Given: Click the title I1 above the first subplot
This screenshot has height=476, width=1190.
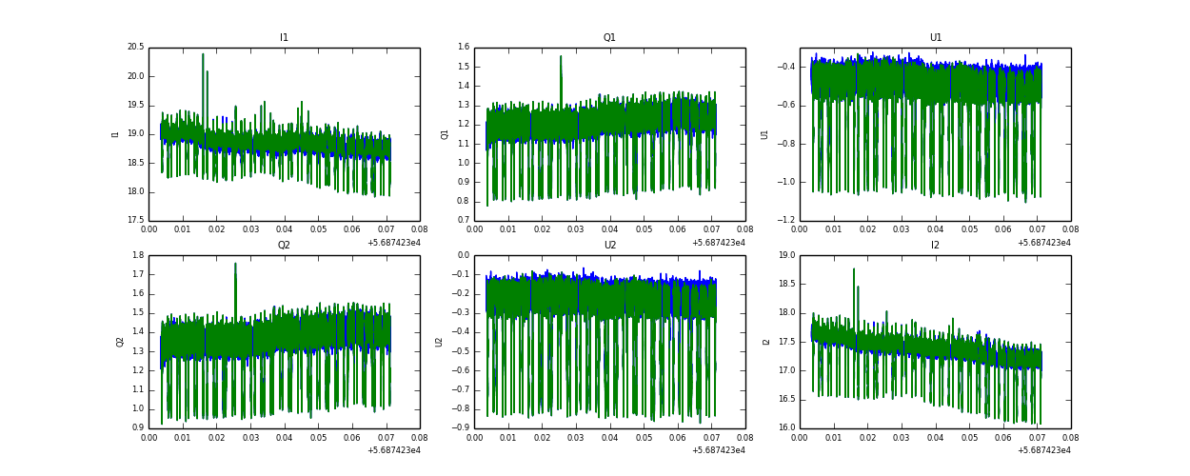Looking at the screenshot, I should point(284,38).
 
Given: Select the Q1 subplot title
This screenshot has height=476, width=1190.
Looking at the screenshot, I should point(609,38).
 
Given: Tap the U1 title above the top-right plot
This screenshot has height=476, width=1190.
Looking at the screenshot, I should point(935,38).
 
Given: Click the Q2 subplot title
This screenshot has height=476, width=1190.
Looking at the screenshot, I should point(284,246).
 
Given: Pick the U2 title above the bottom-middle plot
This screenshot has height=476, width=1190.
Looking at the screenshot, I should point(609,246).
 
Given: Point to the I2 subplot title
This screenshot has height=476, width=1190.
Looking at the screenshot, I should point(935,246).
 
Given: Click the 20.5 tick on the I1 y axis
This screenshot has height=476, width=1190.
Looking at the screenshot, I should point(135,48).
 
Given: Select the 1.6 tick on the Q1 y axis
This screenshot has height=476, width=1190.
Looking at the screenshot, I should point(463,48).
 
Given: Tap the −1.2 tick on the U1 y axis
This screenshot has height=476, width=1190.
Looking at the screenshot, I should point(784,221).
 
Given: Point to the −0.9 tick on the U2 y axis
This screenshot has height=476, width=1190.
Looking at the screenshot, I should point(461,428).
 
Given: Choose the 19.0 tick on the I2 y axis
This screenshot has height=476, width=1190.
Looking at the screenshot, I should point(786,255).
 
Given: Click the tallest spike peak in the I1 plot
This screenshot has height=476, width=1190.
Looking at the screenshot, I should point(203,54).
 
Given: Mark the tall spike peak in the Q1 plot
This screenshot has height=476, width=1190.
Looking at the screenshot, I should point(561,56).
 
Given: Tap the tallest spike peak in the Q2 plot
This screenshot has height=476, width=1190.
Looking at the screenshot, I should point(235,264).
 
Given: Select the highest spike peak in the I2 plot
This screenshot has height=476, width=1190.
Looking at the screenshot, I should point(854,268).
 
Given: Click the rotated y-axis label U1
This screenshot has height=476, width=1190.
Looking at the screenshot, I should point(764,134).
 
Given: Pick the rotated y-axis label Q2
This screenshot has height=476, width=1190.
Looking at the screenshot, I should point(121,342).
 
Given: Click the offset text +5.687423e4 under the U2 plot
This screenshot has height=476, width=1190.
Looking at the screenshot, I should point(719,450).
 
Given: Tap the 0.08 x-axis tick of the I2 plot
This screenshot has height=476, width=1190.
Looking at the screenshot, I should point(1070,440).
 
